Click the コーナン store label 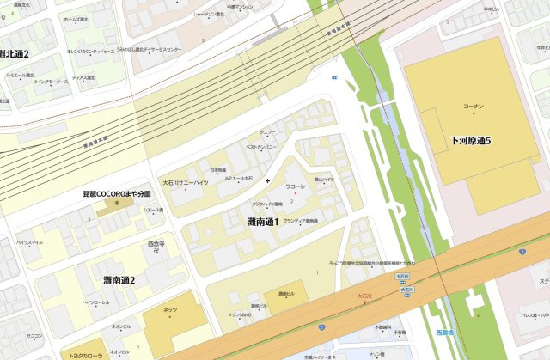474,106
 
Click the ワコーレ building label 296,186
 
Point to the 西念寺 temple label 156,244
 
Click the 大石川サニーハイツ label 185,183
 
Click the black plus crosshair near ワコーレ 268,180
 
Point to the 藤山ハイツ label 323,180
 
